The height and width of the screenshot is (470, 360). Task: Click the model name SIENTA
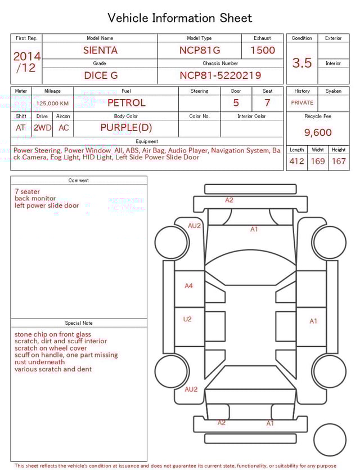(x=100, y=50)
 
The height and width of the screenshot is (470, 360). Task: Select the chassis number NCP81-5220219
(x=220, y=75)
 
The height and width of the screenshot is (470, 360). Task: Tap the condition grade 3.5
(x=302, y=62)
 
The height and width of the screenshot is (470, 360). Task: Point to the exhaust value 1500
(x=263, y=50)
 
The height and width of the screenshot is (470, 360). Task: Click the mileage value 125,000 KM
(x=52, y=104)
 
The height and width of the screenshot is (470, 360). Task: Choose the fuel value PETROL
(x=126, y=102)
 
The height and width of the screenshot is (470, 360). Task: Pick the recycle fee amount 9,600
(x=318, y=133)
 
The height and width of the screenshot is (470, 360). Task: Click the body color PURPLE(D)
(x=126, y=128)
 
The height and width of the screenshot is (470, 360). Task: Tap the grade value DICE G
(x=100, y=75)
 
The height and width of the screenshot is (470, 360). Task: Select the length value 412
(x=296, y=162)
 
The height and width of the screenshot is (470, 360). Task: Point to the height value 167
(x=339, y=162)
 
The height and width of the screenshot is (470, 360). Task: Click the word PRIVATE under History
(x=302, y=103)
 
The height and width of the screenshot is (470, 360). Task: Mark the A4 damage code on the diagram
(x=189, y=286)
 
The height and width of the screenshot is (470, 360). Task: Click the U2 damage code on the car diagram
(x=187, y=319)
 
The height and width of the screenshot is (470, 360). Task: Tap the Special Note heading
(x=79, y=323)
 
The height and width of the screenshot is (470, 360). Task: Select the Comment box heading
(x=79, y=181)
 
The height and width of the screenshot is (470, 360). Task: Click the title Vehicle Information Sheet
(x=180, y=18)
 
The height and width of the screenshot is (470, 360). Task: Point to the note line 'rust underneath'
(x=40, y=362)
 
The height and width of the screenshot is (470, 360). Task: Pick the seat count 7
(x=267, y=103)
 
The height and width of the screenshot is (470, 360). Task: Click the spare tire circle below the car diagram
(x=330, y=441)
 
